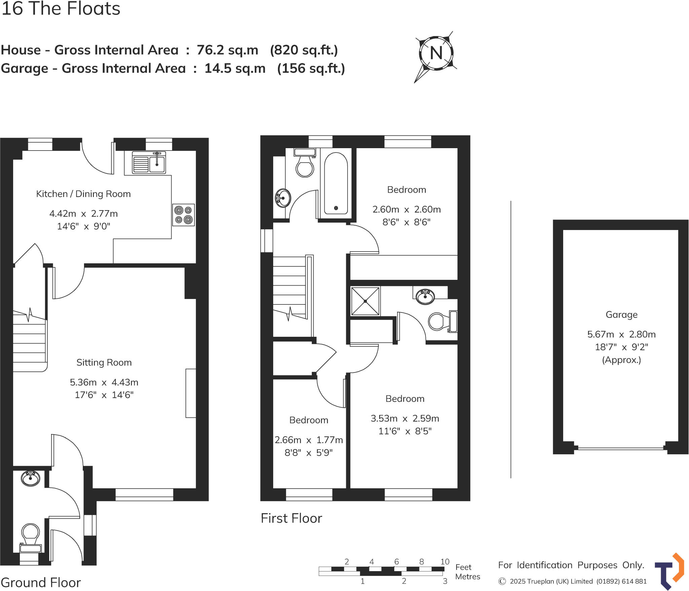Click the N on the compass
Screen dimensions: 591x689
click(436, 53)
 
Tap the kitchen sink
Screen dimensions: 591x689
click(149, 162)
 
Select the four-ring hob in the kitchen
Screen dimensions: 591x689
click(183, 215)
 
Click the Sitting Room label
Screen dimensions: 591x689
click(104, 362)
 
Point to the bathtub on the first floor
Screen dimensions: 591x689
click(336, 184)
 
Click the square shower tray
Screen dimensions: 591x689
click(365, 301)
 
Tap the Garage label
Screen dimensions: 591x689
click(621, 315)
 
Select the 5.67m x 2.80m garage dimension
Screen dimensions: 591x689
click(621, 334)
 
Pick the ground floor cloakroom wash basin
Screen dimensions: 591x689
click(30, 478)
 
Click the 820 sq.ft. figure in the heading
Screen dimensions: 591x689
click(304, 50)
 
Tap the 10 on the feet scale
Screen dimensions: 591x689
click(445, 561)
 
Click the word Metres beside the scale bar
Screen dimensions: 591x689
click(467, 577)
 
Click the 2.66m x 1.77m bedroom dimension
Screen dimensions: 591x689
click(309, 440)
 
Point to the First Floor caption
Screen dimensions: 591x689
click(291, 518)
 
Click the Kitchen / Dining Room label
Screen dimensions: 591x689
click(83, 194)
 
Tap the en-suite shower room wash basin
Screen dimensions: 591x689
click(425, 296)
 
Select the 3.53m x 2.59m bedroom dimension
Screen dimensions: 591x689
click(405, 418)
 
